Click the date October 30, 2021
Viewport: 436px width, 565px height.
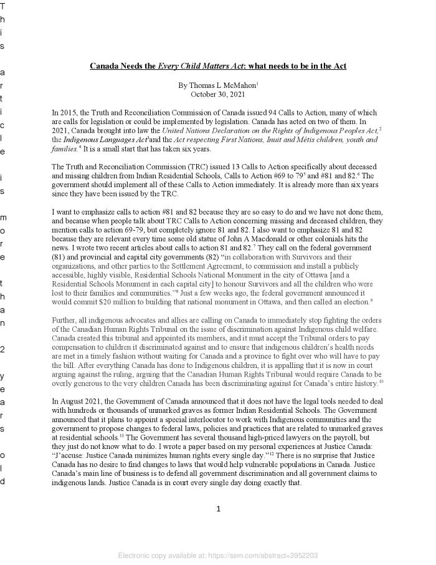point(218,94)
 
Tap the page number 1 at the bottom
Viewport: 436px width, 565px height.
point(218,509)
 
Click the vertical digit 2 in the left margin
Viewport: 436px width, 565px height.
point(2,349)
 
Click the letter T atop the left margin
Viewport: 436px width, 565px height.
point(2,6)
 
